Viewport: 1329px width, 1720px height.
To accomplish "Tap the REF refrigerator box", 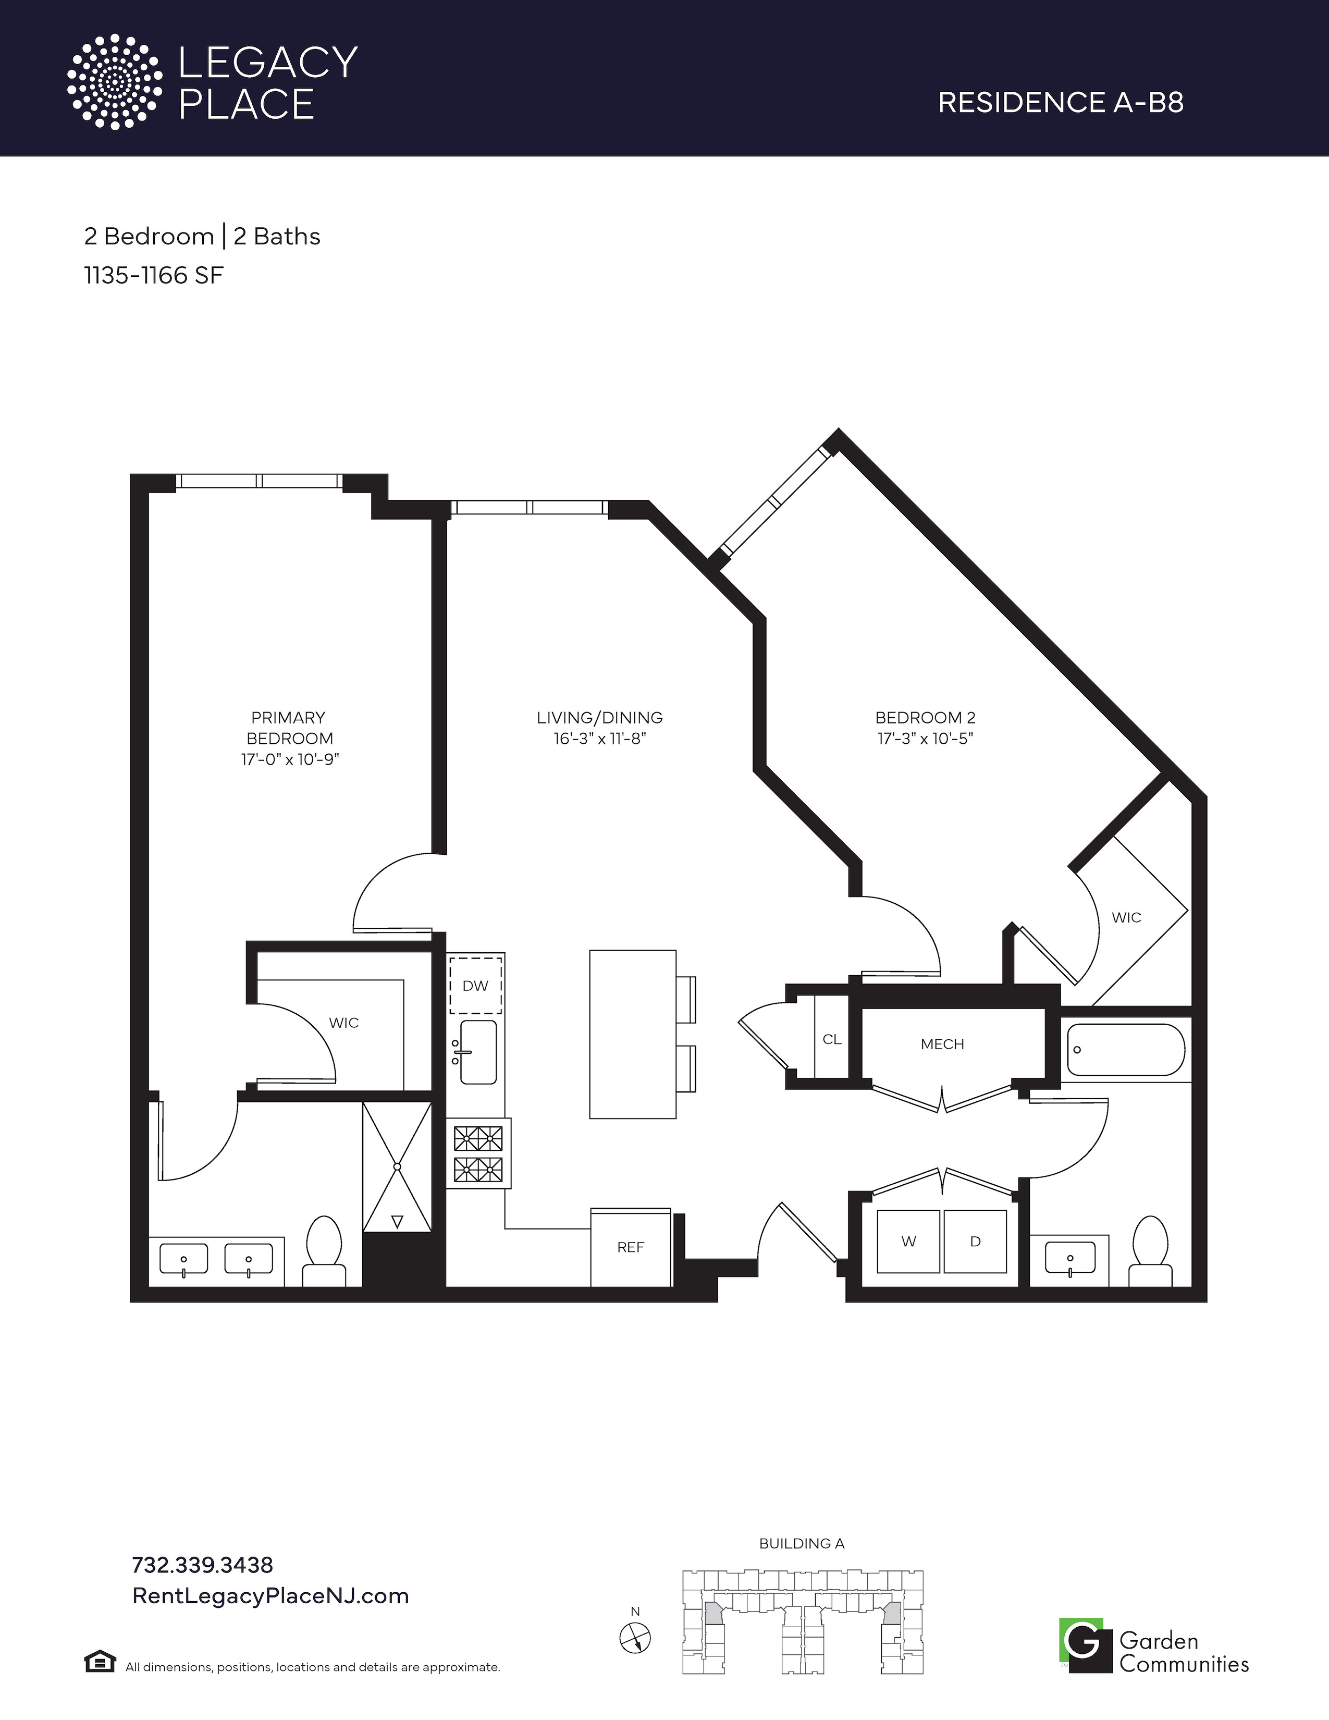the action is click(631, 1247).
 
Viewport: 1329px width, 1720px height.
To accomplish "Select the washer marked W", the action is click(908, 1241).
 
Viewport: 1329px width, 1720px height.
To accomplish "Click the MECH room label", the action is click(942, 1045).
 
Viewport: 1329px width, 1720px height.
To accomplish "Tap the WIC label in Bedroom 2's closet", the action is click(1126, 917).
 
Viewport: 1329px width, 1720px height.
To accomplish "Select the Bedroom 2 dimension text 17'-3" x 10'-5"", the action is click(926, 739).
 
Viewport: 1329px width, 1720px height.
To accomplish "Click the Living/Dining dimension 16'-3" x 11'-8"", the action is click(600, 739).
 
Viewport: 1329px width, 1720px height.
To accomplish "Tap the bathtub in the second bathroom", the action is click(1126, 1049).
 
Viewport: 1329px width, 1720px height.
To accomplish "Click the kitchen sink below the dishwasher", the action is click(477, 1052).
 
